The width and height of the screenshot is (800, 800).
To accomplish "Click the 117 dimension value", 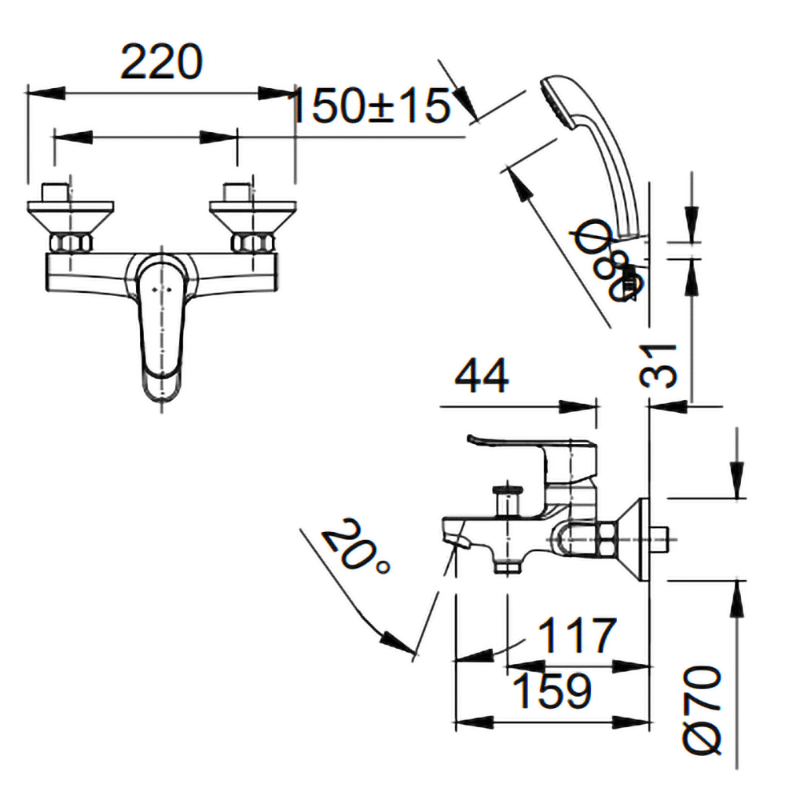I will click(577, 636).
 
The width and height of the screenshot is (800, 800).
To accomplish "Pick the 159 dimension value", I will click(552, 691).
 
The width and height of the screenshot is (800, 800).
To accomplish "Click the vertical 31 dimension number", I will click(662, 366).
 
